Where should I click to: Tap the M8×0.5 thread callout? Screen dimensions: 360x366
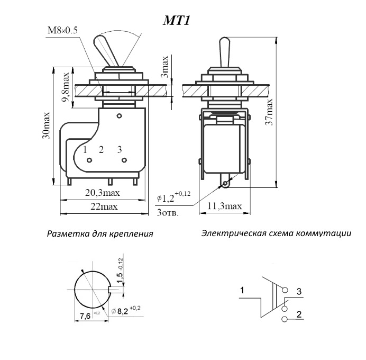click(62, 30)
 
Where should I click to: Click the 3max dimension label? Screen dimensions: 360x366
click(164, 66)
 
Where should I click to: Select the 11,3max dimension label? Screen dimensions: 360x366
click(225, 206)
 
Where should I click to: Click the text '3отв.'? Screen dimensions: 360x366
click(168, 213)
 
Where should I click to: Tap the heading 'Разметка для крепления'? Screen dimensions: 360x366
click(100, 233)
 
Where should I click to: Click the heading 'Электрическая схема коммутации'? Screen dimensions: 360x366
click(276, 233)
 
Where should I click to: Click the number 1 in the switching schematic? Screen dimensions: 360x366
click(242, 290)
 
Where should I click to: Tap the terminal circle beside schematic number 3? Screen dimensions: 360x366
click(286, 291)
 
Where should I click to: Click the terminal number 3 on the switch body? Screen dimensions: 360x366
click(120, 149)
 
